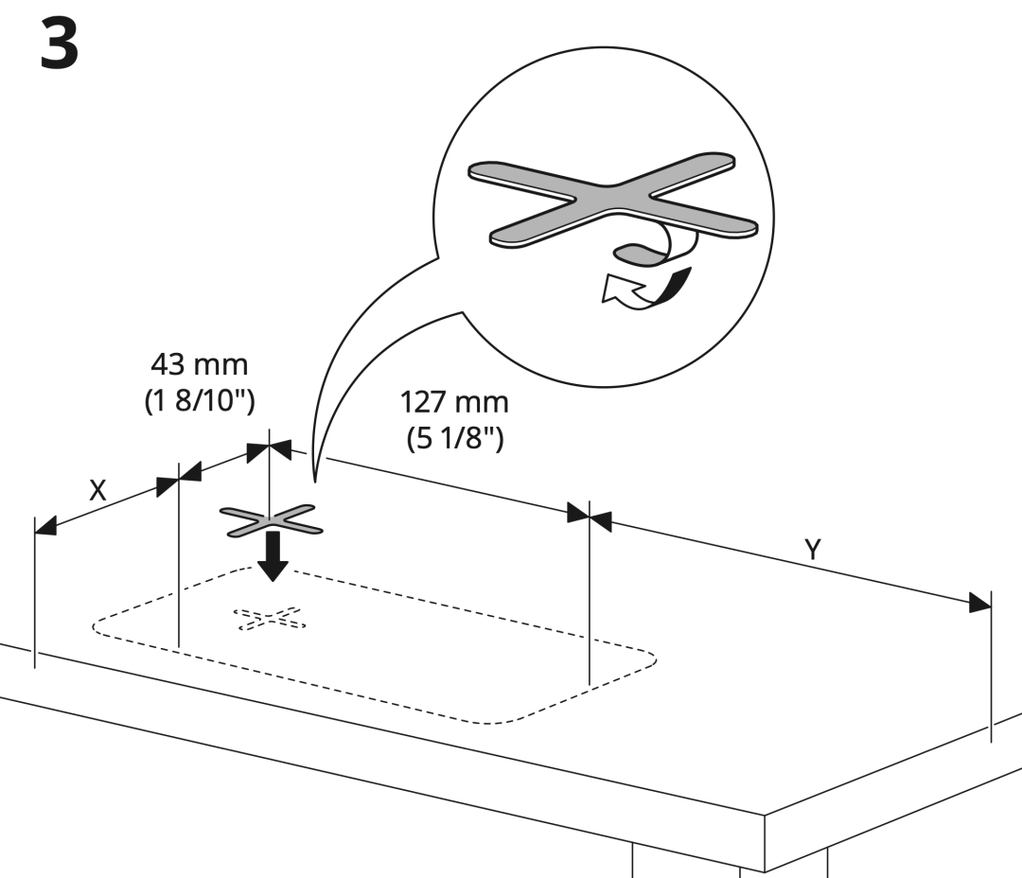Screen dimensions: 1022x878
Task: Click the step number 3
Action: point(60,44)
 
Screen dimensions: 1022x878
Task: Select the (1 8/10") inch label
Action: point(200,400)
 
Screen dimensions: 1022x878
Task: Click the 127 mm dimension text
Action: point(454,402)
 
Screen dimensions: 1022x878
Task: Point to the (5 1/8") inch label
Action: point(454,439)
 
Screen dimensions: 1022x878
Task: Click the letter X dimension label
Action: point(97,490)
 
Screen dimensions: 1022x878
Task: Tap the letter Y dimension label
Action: point(812,549)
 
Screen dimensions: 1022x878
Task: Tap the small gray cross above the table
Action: point(272,520)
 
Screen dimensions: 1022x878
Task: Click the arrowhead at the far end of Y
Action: point(979,603)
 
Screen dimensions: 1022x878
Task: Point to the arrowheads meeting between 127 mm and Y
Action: point(589,516)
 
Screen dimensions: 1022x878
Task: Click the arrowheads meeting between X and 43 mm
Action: point(178,483)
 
